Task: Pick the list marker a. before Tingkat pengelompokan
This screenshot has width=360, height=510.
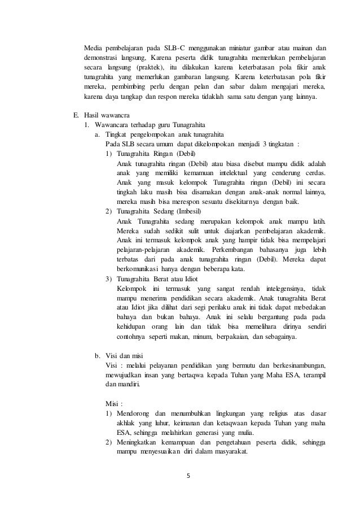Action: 97,134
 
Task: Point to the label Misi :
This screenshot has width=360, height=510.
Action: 114,404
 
